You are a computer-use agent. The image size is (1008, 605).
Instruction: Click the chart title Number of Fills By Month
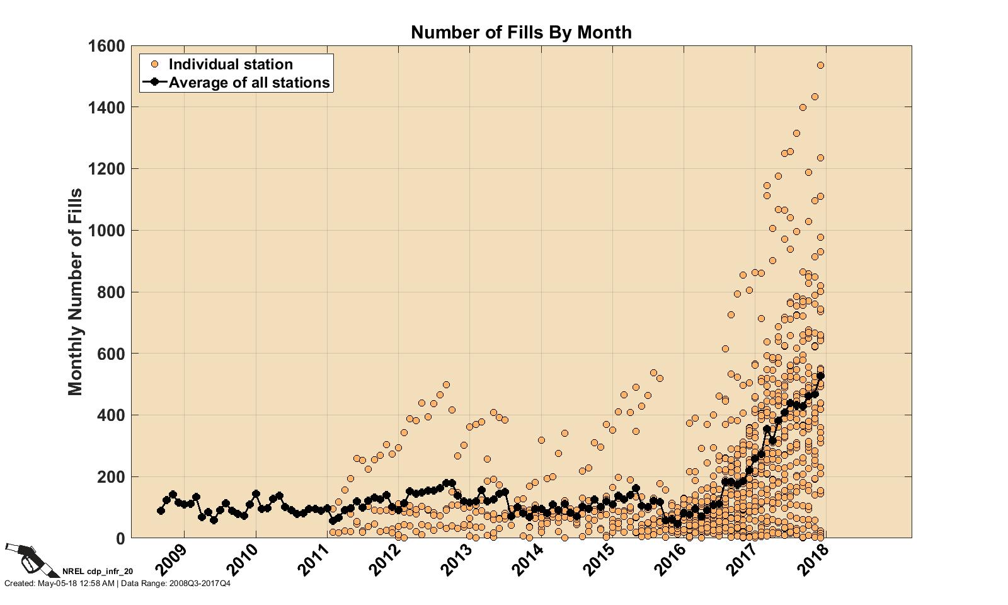(521, 32)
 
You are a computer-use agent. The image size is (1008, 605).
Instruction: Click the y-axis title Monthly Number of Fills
(76, 291)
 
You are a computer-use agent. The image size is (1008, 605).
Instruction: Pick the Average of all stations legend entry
(249, 83)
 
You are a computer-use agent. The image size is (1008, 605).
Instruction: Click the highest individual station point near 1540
(821, 65)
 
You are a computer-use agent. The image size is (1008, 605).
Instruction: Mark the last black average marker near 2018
(821, 376)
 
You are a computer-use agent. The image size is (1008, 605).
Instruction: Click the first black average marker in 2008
(161, 510)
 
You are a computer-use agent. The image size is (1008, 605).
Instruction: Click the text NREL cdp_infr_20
(98, 572)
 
